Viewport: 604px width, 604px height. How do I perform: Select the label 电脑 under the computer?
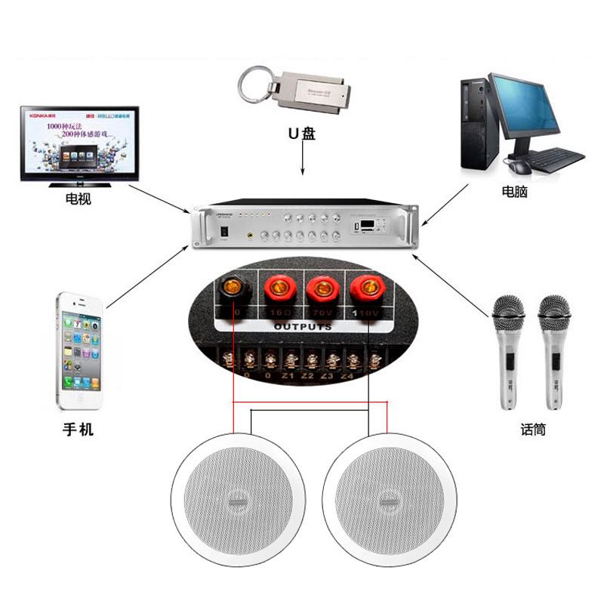(x=514, y=192)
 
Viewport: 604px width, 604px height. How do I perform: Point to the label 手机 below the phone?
(x=78, y=430)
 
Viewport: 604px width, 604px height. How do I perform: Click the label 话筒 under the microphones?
(x=533, y=429)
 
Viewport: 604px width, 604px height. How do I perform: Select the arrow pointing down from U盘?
(x=302, y=161)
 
